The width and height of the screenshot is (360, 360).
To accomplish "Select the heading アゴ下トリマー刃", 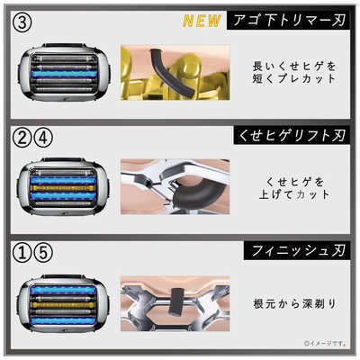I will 287,20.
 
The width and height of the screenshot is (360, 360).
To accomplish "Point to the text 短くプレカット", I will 293,86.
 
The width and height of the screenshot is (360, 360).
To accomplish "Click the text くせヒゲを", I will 293,180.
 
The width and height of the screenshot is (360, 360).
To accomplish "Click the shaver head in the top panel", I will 61,76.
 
